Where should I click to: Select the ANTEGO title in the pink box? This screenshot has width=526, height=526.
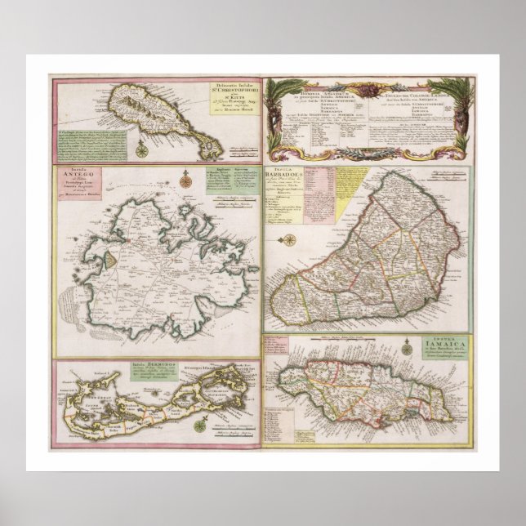[x=74, y=187]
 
